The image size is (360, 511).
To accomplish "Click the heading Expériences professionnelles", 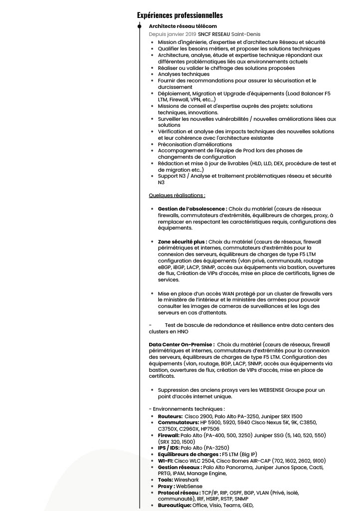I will coord(180,15).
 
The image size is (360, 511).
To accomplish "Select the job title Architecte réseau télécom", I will coord(182,26).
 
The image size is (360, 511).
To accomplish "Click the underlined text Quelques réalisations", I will coord(177,195).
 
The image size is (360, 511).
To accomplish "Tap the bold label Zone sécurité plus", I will coord(182,242).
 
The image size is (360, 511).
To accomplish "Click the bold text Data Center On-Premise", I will coord(181,344).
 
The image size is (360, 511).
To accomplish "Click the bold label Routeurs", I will coord(170,416).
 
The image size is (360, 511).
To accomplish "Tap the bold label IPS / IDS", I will coord(169,448).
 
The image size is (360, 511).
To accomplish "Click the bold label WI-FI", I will coord(165,461).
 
